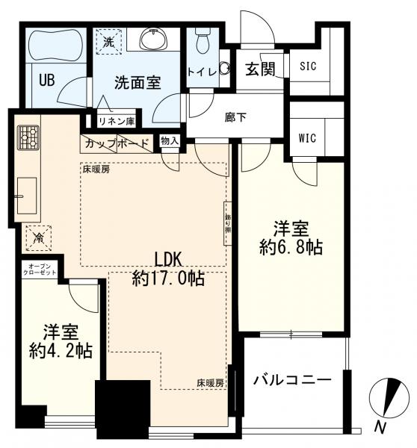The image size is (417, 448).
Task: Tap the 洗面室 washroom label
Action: pos(138,83)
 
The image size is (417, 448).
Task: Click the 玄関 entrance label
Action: pos(261,69)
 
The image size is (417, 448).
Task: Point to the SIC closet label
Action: pos(308,66)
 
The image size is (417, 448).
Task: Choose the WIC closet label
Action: pos(307,137)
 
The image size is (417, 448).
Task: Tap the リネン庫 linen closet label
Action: pos(116,119)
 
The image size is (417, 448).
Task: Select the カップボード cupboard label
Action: pos(117,143)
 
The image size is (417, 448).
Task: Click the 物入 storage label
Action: pos(170,140)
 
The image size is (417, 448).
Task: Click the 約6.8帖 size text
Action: pos(292,248)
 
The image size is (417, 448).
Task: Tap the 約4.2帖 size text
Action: pos(62,350)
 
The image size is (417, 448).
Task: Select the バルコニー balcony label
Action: pos(291,380)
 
